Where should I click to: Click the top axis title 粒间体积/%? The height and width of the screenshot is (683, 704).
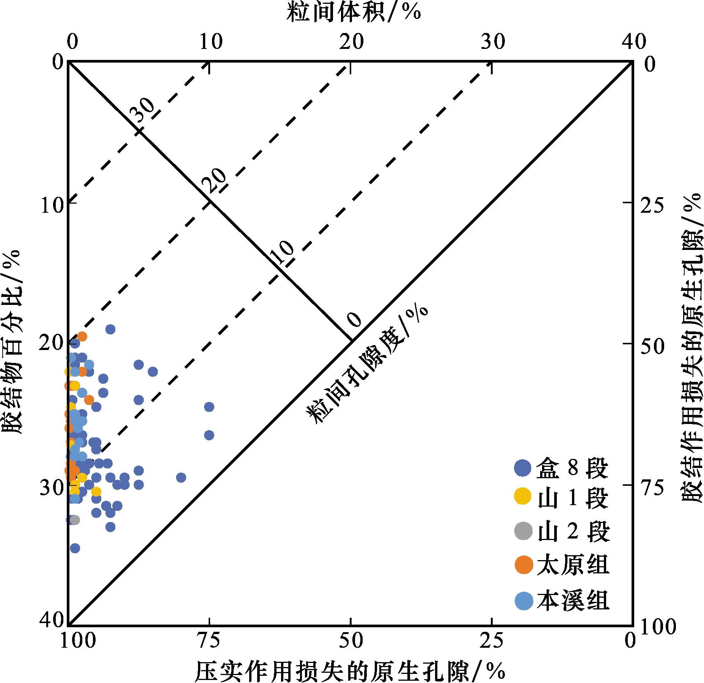pos(354,12)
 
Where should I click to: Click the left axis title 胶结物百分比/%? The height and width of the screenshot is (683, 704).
pos(12,341)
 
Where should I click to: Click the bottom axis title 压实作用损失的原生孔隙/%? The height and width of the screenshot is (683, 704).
pos(350,671)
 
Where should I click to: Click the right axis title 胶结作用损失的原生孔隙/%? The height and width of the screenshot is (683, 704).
pos(692,347)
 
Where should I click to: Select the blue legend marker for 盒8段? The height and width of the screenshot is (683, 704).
pos(523,468)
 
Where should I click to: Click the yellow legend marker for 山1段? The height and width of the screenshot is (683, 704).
pos(523,496)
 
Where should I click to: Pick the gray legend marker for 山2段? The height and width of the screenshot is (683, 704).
pos(523,531)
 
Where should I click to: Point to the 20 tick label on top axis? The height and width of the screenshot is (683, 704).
pos(351,42)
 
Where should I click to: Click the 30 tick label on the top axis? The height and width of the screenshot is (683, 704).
pos(493,42)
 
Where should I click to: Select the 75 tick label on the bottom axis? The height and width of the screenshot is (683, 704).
pos(208,641)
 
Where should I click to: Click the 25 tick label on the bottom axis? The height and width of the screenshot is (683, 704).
pos(491,641)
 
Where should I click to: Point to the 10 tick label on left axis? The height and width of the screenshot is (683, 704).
pos(52,206)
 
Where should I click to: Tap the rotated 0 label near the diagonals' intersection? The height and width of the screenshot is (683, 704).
pos(354,320)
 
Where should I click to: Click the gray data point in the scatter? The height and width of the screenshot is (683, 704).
pos(75,520)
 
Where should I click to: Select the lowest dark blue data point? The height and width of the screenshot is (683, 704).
pos(75,548)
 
